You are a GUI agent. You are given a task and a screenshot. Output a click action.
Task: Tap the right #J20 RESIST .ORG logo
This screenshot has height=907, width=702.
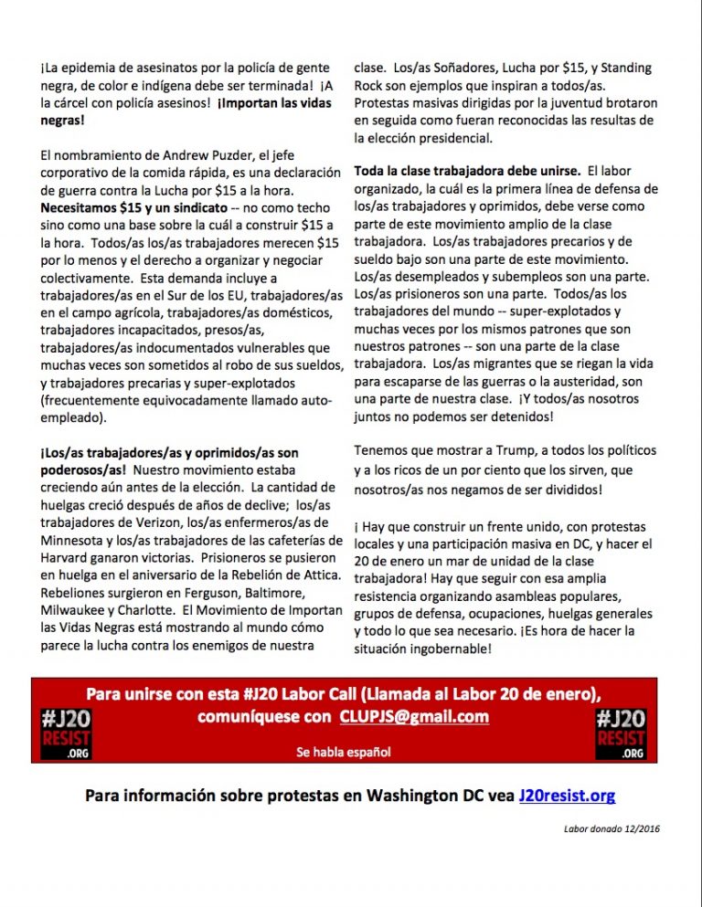click(621, 733)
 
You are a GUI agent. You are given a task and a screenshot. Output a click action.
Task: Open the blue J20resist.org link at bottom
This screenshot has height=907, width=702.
click(567, 796)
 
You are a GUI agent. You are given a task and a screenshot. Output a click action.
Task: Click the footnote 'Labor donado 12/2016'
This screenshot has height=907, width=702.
click(612, 828)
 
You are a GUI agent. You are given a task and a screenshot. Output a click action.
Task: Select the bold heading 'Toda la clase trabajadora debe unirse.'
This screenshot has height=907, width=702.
click(466, 171)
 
